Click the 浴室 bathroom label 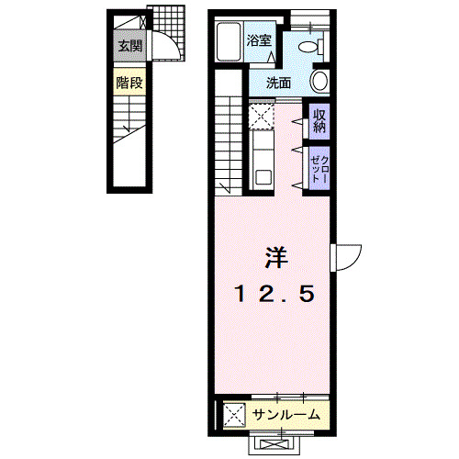(x=259, y=40)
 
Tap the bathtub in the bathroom (x=229, y=41)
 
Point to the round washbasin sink (x=320, y=82)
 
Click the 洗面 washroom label (x=279, y=83)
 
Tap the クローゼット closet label (x=318, y=168)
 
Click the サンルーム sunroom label (x=285, y=415)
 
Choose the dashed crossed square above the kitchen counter (x=260, y=117)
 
